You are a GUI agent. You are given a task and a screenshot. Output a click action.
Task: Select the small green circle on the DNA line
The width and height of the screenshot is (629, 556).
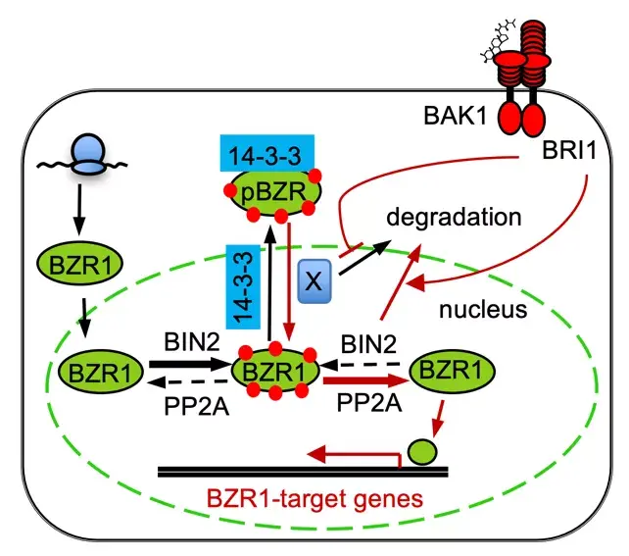[422, 451]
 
